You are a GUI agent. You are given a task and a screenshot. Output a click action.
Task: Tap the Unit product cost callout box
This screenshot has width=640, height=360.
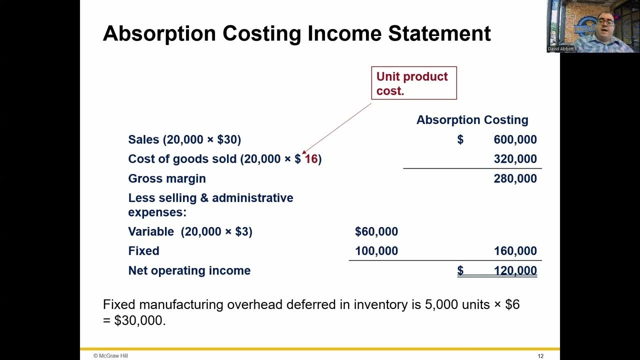point(413,83)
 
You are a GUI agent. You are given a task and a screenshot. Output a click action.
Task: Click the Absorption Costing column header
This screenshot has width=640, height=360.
point(472,120)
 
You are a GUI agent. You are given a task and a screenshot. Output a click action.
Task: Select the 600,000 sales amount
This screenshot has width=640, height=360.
point(515,140)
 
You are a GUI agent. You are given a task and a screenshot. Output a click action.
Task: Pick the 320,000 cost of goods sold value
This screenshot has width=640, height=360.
point(515,159)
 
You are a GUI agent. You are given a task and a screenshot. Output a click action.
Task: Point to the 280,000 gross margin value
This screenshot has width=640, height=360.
point(515,178)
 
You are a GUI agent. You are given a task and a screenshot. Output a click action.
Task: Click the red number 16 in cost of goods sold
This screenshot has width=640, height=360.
point(311,159)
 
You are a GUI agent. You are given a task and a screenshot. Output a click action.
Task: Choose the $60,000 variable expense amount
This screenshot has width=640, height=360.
point(376,231)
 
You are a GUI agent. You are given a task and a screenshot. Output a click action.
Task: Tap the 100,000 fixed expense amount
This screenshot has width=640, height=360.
point(376,251)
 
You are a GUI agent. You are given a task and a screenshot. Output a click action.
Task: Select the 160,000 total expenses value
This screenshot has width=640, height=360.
point(515,251)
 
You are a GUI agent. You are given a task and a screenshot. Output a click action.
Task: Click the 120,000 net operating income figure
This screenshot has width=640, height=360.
point(515,270)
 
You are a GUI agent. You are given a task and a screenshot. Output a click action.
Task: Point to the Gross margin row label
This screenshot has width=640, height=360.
point(167,178)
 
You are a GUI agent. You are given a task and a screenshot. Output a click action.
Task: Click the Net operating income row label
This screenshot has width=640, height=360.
point(189,270)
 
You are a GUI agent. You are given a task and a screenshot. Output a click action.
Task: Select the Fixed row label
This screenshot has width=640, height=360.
point(143,251)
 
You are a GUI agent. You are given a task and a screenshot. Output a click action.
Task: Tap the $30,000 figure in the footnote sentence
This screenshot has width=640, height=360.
point(140,320)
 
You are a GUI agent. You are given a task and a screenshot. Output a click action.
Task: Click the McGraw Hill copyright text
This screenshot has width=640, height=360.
point(110,355)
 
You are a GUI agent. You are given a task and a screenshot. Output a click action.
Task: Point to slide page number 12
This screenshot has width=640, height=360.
point(540,356)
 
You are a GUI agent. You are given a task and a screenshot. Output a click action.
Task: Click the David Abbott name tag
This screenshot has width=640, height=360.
point(561,49)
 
